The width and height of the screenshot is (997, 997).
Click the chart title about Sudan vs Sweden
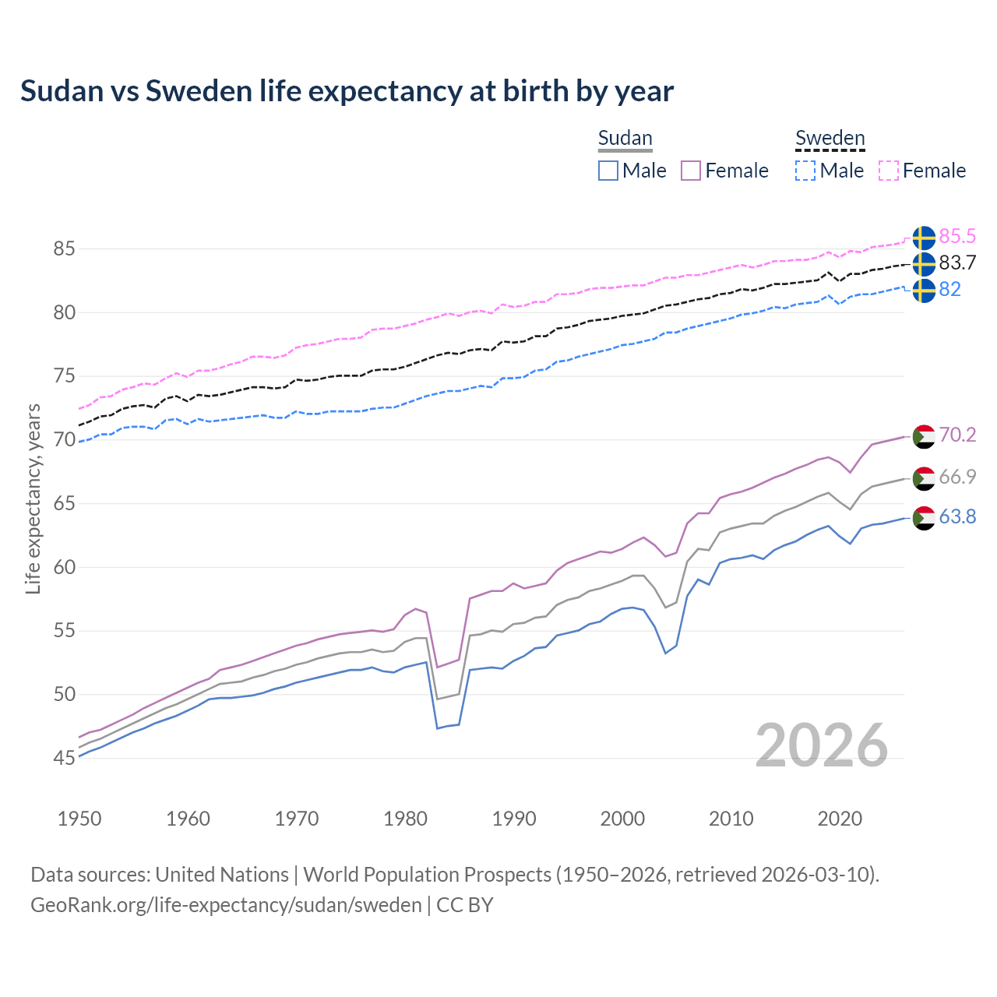[347, 91]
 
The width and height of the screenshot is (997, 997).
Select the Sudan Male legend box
[608, 171]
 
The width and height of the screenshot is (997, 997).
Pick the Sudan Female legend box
[692, 171]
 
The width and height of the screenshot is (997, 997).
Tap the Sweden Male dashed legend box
[805, 171]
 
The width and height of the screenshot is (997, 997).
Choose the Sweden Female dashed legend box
[889, 171]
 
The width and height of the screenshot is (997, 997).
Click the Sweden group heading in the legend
[830, 139]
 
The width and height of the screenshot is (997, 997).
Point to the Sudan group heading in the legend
[625, 139]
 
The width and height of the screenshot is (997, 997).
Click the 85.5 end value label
[957, 237]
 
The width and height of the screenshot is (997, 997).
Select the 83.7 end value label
[957, 263]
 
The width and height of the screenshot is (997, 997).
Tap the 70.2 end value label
[957, 435]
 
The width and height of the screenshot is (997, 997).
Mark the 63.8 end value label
[957, 517]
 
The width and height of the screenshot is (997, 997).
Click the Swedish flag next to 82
[924, 291]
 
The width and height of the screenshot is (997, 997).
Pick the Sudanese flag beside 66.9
[924, 478]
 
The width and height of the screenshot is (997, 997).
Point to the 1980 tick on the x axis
[406, 819]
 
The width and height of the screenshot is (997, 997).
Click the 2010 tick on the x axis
[731, 819]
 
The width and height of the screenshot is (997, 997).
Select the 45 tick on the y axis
[64, 758]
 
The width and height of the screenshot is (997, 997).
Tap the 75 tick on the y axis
[64, 376]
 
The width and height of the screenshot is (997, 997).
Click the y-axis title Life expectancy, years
[33, 498]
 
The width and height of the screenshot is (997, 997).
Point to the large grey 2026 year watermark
[822, 745]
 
